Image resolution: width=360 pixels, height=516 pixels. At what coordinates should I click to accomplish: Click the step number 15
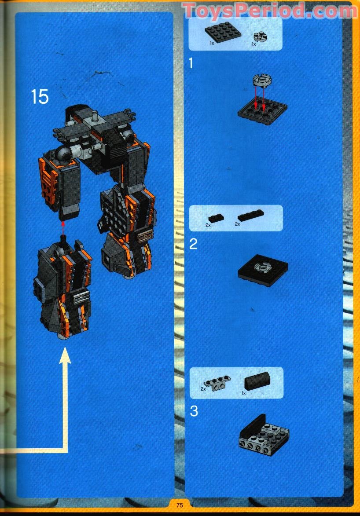point(40,97)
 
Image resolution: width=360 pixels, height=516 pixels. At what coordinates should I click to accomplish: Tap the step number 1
point(191,63)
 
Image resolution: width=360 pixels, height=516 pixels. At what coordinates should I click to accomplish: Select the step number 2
point(193,243)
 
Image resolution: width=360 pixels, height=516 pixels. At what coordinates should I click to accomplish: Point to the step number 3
point(194,411)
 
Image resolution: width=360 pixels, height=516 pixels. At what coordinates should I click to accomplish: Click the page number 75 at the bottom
point(180,505)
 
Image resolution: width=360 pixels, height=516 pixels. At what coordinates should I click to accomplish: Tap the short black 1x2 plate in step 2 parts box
point(216,217)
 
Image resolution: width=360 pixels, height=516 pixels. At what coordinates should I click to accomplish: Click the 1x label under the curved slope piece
point(243,393)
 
